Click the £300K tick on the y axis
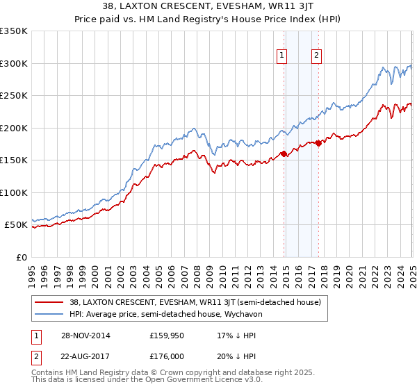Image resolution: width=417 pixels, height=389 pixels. click(x=14, y=63)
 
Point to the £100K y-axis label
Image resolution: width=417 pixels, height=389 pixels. click(x=14, y=192)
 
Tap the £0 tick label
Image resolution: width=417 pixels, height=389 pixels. click(x=21, y=257)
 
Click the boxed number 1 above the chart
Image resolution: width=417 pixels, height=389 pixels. click(x=283, y=56)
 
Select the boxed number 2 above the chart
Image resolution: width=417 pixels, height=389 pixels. click(x=316, y=56)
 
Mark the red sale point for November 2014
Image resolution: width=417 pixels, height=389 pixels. click(x=284, y=154)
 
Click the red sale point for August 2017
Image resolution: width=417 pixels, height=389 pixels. click(x=318, y=143)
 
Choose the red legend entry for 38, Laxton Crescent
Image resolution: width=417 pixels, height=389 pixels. click(x=195, y=302)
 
